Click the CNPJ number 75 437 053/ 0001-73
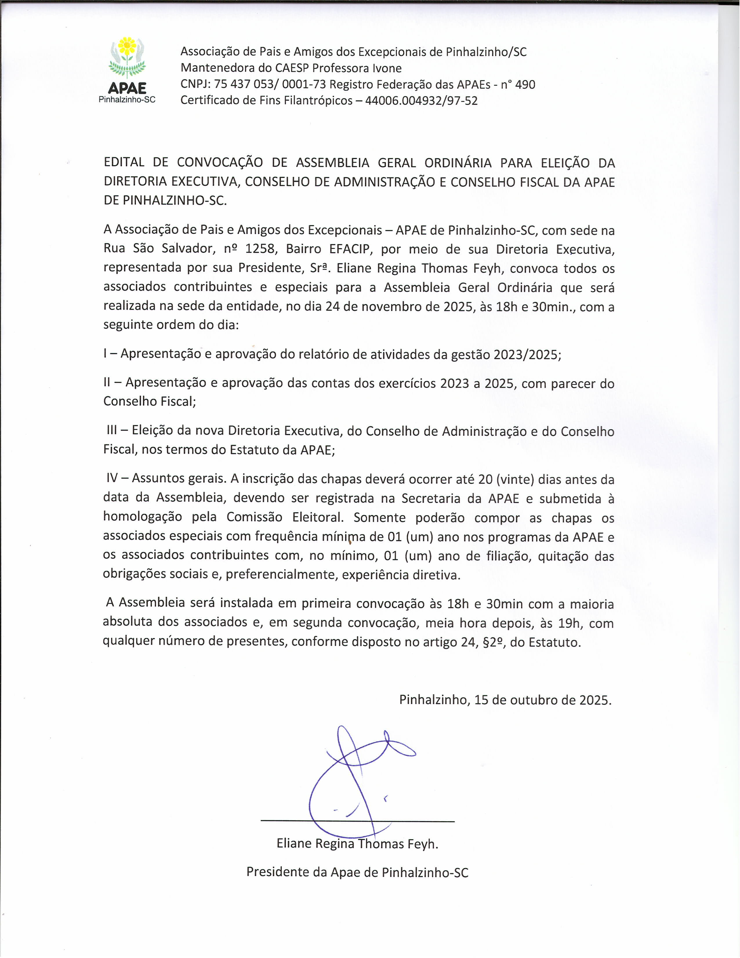tap(270, 84)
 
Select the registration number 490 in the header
tap(525, 84)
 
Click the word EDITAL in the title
tap(124, 162)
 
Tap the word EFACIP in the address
tap(351, 249)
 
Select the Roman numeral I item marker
tap(105, 353)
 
